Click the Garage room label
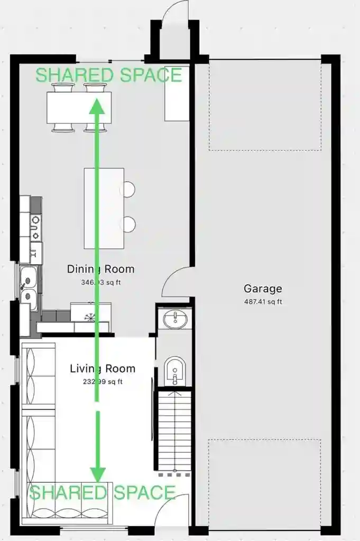click(x=263, y=289)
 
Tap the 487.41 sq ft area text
click(x=263, y=302)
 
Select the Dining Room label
click(x=100, y=269)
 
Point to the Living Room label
click(x=103, y=368)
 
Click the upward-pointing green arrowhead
click(x=96, y=107)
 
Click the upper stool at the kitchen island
click(x=128, y=189)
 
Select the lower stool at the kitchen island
click(x=128, y=225)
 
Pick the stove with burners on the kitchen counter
click(x=35, y=227)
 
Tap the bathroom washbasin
click(x=174, y=319)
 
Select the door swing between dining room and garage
click(x=176, y=283)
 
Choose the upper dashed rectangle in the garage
click(x=265, y=106)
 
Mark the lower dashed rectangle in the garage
click(x=265, y=483)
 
